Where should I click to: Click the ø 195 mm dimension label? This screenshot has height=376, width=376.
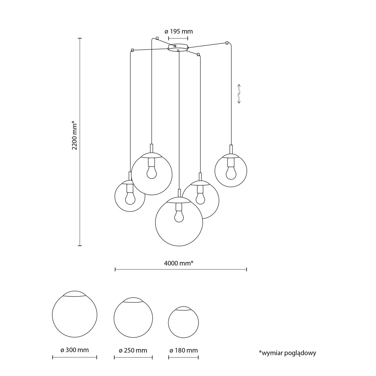point(179,31)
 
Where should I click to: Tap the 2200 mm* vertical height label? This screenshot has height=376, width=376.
point(75,135)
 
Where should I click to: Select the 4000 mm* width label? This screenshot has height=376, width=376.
point(178,263)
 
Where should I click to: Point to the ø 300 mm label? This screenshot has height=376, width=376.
point(75,350)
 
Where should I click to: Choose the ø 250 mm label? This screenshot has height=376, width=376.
point(133,350)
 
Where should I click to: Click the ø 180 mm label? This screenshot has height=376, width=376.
point(183,350)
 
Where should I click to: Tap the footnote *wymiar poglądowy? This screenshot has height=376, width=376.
point(287,353)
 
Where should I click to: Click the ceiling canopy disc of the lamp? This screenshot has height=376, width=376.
point(178,47)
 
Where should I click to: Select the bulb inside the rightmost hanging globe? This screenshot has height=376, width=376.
point(231,173)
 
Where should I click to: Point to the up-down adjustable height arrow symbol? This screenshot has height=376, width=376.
point(239,94)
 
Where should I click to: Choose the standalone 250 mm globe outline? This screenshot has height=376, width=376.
point(133,318)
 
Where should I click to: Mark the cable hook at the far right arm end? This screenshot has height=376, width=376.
point(227,43)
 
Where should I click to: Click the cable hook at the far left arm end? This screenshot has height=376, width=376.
point(133,50)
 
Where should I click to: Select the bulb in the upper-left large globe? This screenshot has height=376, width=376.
point(152,172)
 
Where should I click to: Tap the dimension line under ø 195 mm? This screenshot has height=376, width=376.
point(178,38)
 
